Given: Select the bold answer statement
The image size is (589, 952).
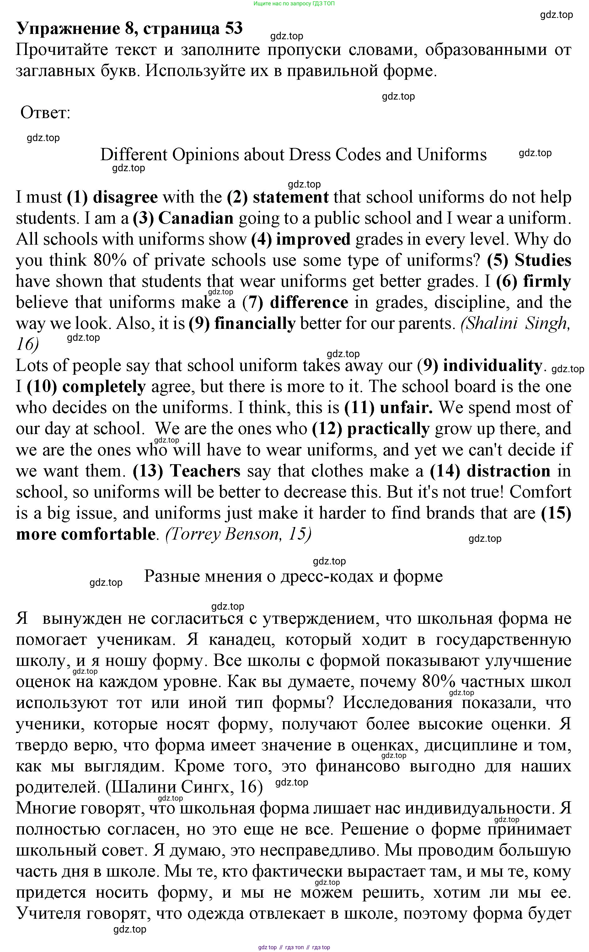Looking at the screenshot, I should [291, 197].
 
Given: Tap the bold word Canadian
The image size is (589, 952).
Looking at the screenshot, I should [195, 218].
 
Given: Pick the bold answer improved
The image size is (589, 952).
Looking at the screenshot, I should [313, 239].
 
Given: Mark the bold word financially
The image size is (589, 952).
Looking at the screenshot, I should [255, 324].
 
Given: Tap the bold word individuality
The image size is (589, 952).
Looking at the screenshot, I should [492, 366].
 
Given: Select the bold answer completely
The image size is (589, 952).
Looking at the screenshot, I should [104, 387].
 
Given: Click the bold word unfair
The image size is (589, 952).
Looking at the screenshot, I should [406, 408].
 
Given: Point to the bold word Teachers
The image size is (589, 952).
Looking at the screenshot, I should [205, 471].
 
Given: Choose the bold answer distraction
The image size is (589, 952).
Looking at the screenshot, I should [508, 471].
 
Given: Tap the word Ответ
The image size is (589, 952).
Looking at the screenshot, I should [45, 113].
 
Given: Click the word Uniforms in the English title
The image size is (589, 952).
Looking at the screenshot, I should [452, 155].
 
